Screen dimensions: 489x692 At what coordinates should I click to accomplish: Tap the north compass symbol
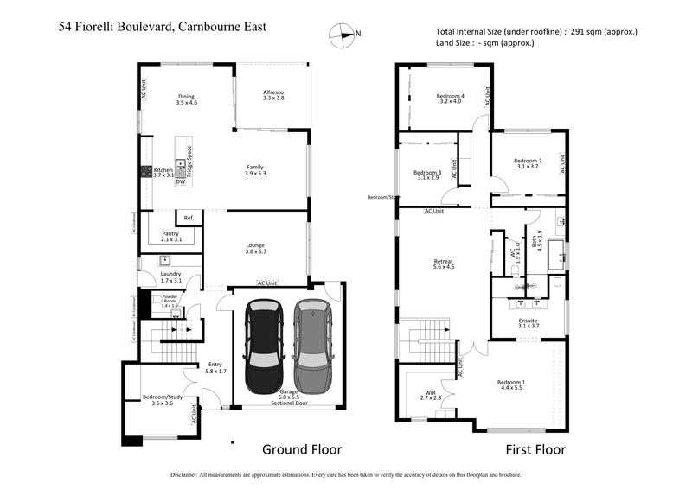[x=343, y=35]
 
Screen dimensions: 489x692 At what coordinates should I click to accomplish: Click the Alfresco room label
[x=273, y=95]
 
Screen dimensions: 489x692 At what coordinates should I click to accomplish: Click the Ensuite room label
[x=529, y=322]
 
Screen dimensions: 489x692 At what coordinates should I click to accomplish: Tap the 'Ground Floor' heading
[x=302, y=449]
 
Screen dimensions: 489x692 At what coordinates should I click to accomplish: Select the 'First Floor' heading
[x=535, y=449]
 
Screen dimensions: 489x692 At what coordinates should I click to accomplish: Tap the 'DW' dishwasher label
[x=180, y=182]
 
